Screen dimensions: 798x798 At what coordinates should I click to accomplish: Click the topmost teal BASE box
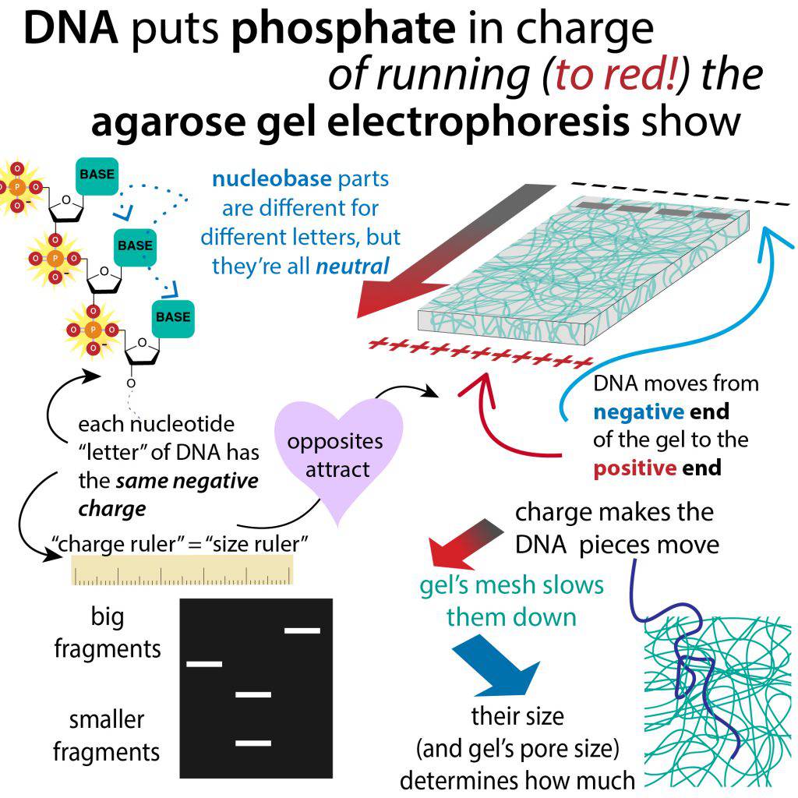tap(95, 176)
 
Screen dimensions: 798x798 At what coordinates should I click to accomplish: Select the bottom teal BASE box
tap(172, 318)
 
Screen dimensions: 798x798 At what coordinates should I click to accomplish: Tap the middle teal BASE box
tap(135, 246)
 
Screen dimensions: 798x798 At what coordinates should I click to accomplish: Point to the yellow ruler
tap(182, 570)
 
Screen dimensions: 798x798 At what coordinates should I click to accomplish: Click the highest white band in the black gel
tap(302, 630)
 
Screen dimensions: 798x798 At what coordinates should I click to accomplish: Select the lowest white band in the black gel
tap(253, 743)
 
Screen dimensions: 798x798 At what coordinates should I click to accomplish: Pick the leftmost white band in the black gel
tap(204, 664)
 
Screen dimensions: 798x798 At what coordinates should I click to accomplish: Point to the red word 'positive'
tap(633, 468)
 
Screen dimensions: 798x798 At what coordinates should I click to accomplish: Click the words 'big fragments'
tap(108, 633)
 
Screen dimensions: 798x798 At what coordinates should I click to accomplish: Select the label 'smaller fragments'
tap(107, 735)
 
